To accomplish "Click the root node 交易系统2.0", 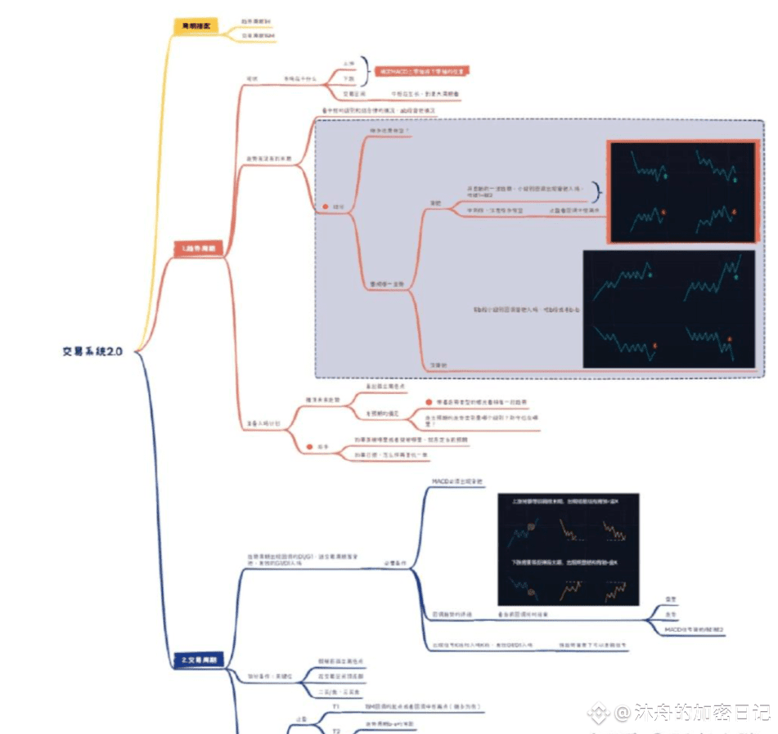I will click(x=92, y=351).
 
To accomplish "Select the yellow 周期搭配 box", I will click(x=196, y=26).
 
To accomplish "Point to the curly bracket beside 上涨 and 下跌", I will click(x=365, y=71).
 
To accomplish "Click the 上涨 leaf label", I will click(x=349, y=62).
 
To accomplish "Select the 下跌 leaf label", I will click(x=349, y=79).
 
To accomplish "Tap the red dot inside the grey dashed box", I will click(x=326, y=208).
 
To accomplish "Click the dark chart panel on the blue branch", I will click(x=569, y=548).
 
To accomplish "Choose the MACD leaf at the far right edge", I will click(x=695, y=629).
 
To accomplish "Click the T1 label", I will click(x=335, y=705).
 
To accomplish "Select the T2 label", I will click(x=335, y=729).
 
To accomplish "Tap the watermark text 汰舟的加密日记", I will click(x=693, y=713).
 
